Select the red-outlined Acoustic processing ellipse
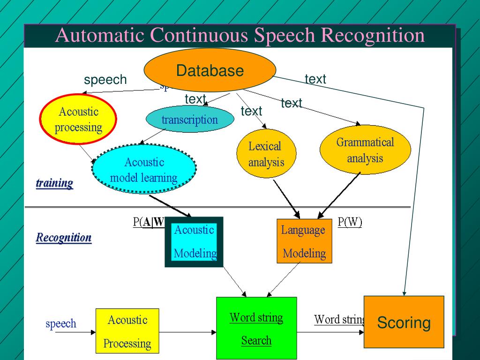[x=78, y=119]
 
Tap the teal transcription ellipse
[x=189, y=120]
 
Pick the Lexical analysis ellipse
[x=266, y=154]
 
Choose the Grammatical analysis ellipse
[x=365, y=150]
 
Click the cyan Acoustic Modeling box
[x=194, y=242]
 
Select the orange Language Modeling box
[x=304, y=241]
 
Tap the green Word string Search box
[x=256, y=328]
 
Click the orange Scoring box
[x=404, y=322]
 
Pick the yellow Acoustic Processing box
[x=127, y=331]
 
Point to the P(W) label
[x=350, y=223]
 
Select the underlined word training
[x=54, y=183]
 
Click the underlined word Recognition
[x=64, y=238]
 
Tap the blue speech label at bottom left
[x=60, y=323]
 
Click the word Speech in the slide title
[x=285, y=36]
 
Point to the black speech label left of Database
[x=105, y=80]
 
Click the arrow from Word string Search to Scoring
[x=330, y=332]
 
